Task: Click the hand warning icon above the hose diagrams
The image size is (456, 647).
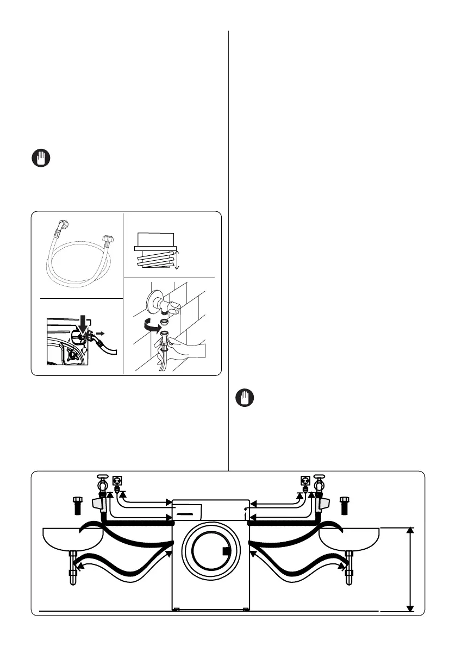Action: click(39, 158)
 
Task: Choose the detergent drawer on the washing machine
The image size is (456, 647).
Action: click(188, 511)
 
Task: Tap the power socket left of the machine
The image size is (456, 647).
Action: click(117, 481)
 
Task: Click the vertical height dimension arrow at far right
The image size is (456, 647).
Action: click(411, 569)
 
